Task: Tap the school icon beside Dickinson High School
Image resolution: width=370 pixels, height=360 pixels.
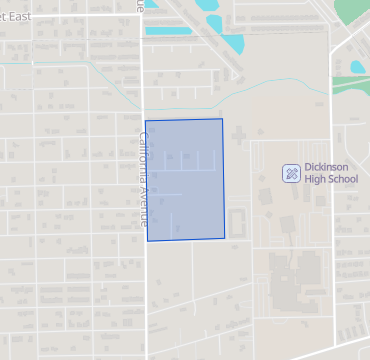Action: pyautogui.click(x=291, y=174)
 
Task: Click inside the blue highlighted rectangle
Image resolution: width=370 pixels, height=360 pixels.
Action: pyautogui.click(x=185, y=180)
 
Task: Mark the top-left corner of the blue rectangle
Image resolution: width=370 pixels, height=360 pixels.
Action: pyautogui.click(x=146, y=121)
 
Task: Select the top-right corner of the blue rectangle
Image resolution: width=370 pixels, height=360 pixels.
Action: pyautogui.click(x=222, y=119)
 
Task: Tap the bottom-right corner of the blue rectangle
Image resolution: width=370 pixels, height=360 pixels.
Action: pyautogui.click(x=224, y=239)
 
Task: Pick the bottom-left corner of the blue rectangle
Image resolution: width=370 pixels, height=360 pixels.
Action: pyautogui.click(x=147, y=241)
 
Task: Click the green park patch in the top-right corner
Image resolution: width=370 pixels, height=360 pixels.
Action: pyautogui.click(x=352, y=10)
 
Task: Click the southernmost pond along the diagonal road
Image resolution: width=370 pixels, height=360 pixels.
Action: pyautogui.click(x=233, y=46)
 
